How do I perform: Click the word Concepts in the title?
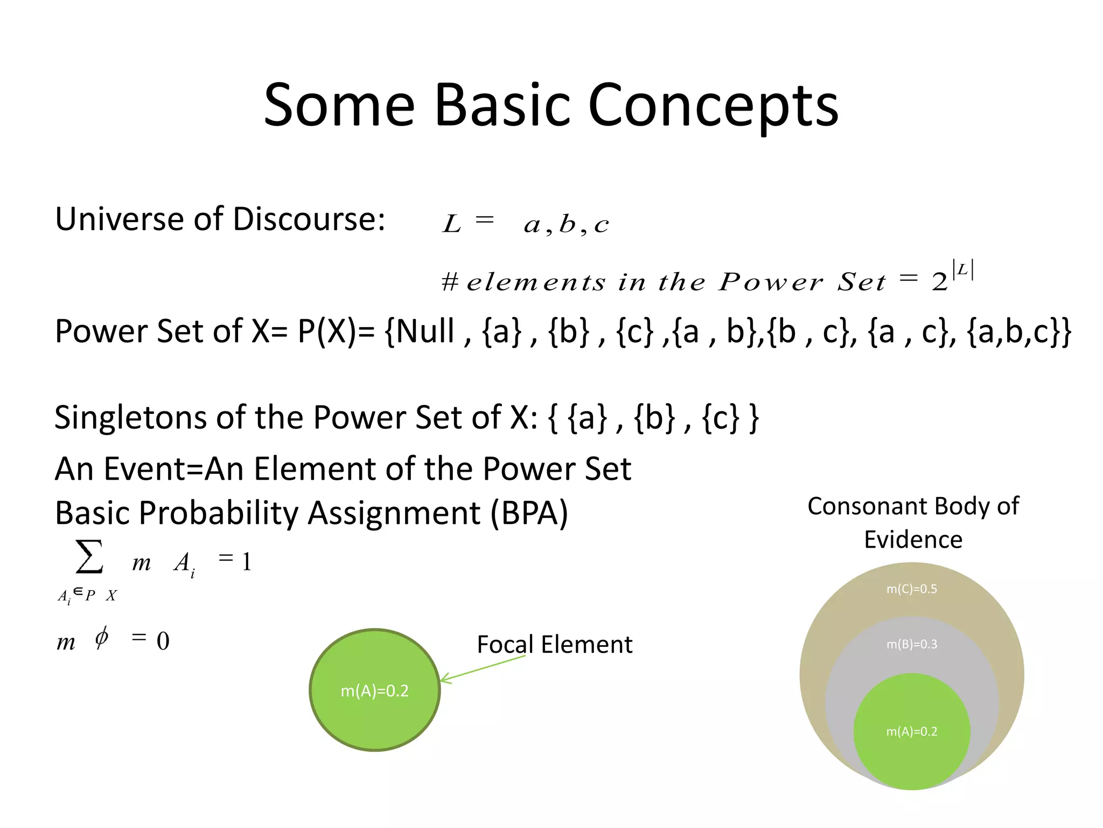click(713, 106)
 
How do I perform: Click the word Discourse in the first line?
click(309, 219)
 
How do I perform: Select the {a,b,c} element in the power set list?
click(1018, 331)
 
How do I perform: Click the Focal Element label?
click(554, 645)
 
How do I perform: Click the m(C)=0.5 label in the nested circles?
click(911, 589)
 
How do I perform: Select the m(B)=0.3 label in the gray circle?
click(911, 644)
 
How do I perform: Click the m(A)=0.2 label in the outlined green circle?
click(374, 691)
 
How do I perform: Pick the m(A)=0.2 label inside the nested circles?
click(911, 732)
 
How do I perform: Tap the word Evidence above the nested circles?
click(913, 540)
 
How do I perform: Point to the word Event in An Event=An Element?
click(144, 469)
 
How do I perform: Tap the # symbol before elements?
click(450, 282)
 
